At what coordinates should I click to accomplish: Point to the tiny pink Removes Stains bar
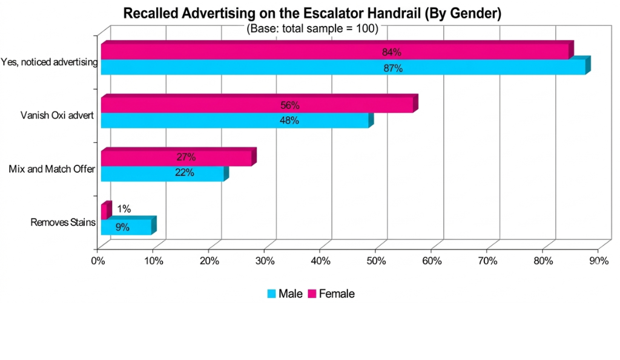point(104,211)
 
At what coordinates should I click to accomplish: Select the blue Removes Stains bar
point(126,227)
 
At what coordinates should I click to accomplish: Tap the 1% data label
point(124,209)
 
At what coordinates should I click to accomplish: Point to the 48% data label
point(289,120)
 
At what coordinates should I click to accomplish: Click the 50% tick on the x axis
point(377,261)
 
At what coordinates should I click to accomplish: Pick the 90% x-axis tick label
point(599,261)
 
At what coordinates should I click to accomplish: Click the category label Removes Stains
point(63,223)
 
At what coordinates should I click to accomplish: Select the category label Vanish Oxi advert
point(57,116)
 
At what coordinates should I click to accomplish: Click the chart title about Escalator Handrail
point(312,14)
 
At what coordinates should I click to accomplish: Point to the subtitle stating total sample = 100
point(312,28)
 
